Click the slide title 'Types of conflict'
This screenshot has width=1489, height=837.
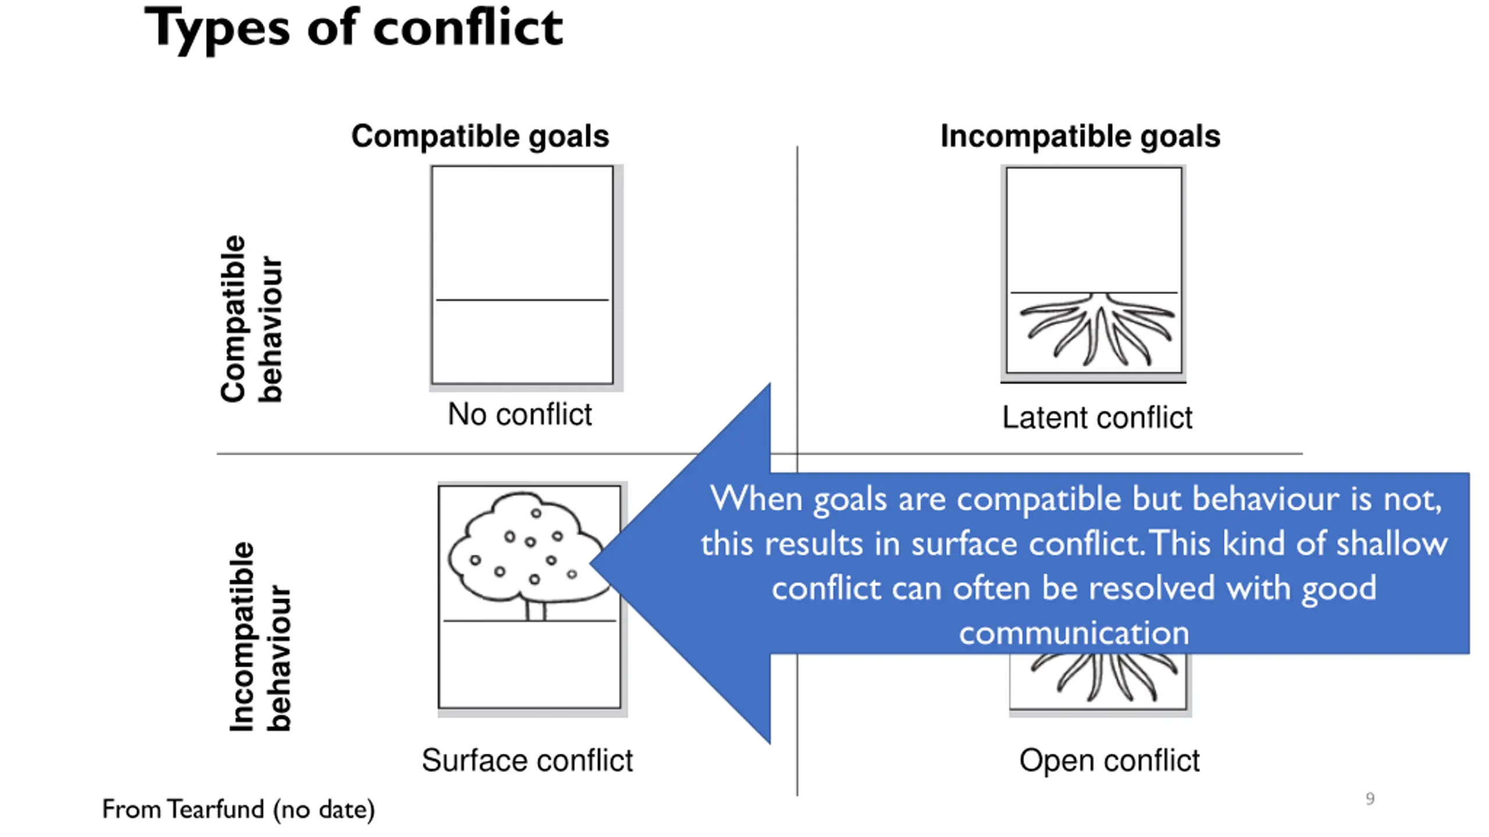[x=353, y=29]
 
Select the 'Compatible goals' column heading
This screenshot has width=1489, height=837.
[x=480, y=137]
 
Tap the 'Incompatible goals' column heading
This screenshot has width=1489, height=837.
[x=1080, y=137]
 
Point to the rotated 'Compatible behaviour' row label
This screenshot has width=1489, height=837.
[x=251, y=319]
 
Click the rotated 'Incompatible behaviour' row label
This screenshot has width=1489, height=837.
[x=259, y=636]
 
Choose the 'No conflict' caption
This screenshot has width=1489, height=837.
[x=519, y=414]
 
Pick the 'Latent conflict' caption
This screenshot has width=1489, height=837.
[x=1097, y=417]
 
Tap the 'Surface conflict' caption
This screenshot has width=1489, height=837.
[x=527, y=760]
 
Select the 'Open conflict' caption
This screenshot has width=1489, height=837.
[x=1109, y=760]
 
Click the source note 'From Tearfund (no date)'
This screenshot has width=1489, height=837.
[x=238, y=809]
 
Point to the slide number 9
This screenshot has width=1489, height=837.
[x=1370, y=799]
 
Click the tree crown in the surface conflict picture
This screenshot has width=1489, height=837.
[x=526, y=546]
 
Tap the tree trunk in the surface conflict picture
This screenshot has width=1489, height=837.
[x=536, y=610]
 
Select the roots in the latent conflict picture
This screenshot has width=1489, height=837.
[x=1097, y=329]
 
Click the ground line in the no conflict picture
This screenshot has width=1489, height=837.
[x=522, y=300]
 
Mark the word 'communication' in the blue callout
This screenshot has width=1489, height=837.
[x=1074, y=632]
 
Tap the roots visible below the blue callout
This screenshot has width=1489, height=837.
[x=1104, y=678]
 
